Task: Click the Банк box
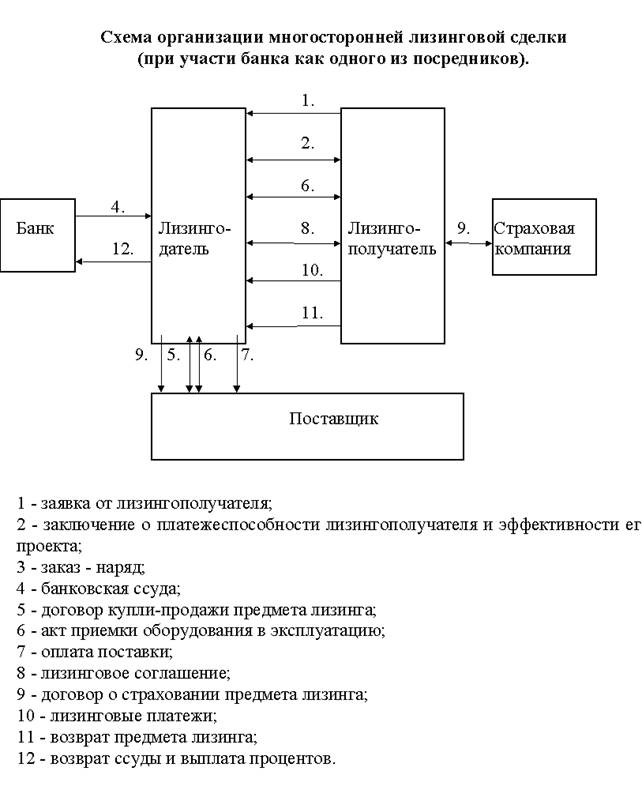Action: [x=38, y=234]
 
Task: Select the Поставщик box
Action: [x=307, y=425]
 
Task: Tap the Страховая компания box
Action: [x=544, y=236]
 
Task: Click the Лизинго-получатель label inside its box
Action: [x=392, y=239]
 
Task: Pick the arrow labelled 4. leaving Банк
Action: [x=113, y=216]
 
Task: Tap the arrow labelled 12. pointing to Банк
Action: [x=113, y=261]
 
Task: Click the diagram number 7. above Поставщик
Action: [x=247, y=354]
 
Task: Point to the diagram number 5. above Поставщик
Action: [x=174, y=354]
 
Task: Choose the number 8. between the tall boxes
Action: [x=308, y=229]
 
